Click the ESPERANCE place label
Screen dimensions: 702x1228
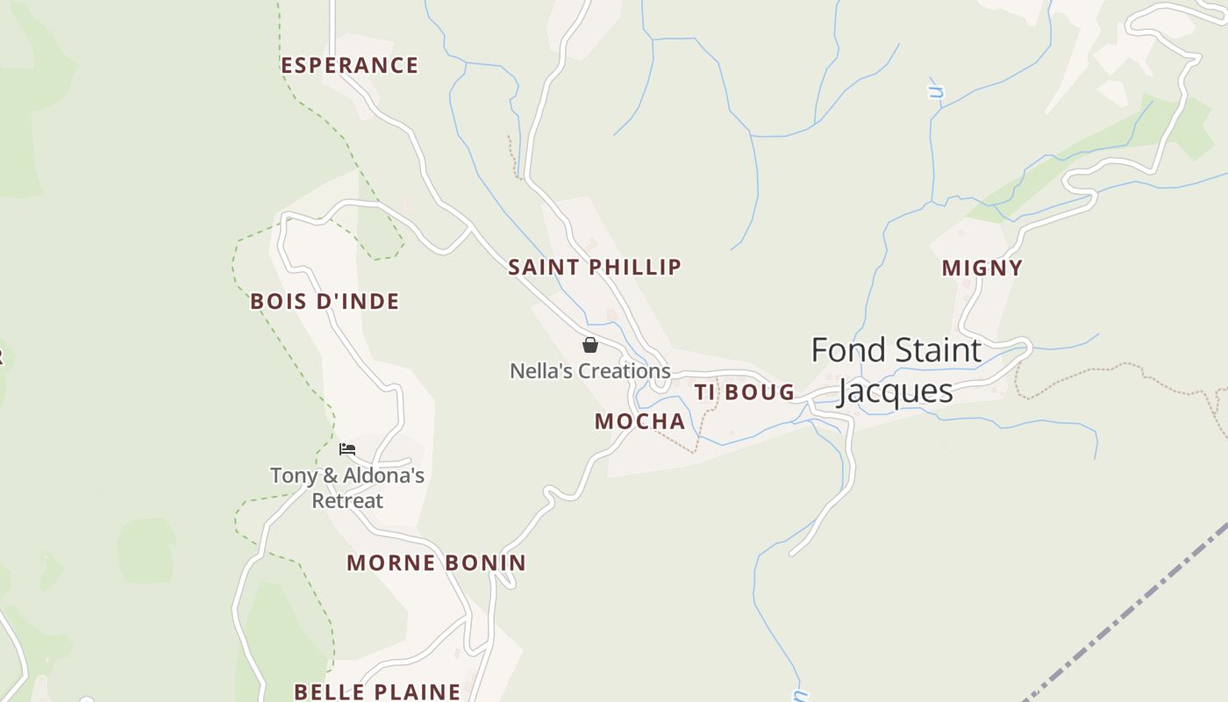coord(349,66)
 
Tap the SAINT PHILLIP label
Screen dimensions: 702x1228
coord(595,267)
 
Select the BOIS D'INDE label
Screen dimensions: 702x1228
coord(325,302)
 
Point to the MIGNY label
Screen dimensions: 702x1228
coord(982,269)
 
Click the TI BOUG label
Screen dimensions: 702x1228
coord(745,392)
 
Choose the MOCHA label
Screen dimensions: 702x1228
coord(640,421)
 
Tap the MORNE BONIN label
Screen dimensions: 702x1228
coord(436,562)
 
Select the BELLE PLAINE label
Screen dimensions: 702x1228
coord(377,691)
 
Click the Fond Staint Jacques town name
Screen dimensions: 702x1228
coord(896,370)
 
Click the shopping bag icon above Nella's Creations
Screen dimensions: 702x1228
coord(590,345)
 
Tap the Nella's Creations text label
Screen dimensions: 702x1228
coord(590,371)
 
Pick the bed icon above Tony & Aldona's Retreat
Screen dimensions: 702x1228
coord(347,449)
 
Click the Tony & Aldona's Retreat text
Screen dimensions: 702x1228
coord(347,488)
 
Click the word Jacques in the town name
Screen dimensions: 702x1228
coord(896,391)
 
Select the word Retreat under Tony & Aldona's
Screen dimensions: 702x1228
coord(347,501)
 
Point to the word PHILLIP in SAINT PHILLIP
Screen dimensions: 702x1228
coord(635,267)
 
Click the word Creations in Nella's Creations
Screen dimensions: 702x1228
coord(627,371)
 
